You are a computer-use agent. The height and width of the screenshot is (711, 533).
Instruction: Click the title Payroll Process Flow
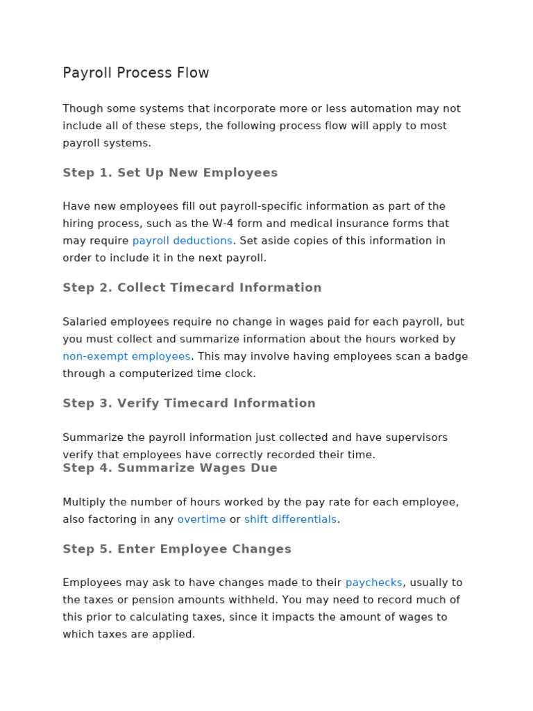pos(136,73)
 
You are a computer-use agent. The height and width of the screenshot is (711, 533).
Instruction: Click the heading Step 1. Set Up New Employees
pos(170,173)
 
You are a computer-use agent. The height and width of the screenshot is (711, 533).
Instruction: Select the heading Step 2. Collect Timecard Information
pos(192,287)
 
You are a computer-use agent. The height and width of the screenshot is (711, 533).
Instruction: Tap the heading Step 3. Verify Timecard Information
pos(189,403)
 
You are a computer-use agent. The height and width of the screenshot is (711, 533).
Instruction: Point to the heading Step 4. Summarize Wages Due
pos(170,468)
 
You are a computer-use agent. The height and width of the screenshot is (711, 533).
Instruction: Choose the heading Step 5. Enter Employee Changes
pos(177,549)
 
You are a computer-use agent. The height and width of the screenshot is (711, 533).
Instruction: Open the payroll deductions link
pos(183,241)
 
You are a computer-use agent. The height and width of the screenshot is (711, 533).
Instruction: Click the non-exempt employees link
pos(126,356)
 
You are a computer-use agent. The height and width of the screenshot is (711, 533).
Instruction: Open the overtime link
pos(201,519)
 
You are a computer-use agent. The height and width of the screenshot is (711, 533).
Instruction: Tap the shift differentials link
pos(290,519)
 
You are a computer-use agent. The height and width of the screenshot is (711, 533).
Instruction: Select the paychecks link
pos(373,583)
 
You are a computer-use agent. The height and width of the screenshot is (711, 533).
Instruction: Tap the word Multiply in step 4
pos(84,502)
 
